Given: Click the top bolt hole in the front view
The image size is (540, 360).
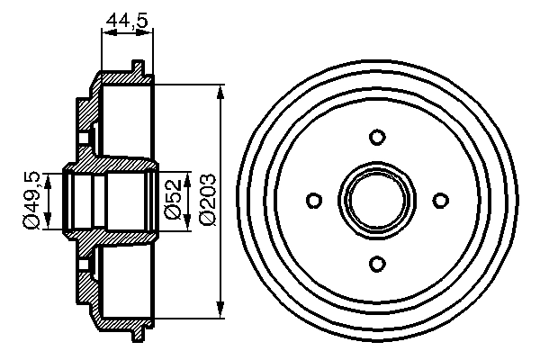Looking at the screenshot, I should tap(377, 137).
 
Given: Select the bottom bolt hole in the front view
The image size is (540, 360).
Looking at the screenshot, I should tap(377, 262).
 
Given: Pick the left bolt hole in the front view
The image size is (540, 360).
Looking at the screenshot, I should tap(314, 200).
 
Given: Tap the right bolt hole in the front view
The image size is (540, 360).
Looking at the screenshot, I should tap(440, 200).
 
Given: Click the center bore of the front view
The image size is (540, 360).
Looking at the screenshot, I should tap(377, 200).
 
